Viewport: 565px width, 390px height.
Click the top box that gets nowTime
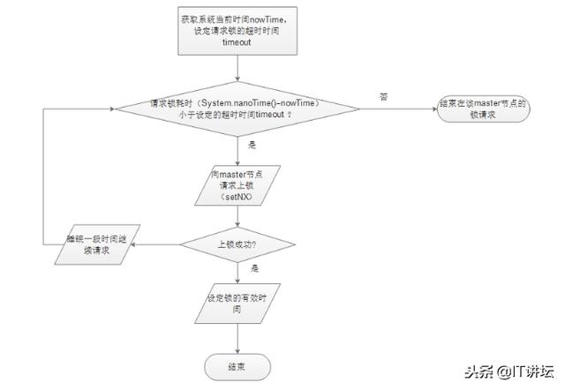pos(239,31)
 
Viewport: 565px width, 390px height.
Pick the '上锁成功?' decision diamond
pos(237,242)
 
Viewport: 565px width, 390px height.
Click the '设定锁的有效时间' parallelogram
pos(237,304)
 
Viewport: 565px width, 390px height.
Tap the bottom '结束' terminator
pos(237,364)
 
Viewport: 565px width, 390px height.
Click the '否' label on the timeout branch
pos(383,96)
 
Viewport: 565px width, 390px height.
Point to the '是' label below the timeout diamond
pos(252,144)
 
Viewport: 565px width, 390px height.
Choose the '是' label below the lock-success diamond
pos(255,267)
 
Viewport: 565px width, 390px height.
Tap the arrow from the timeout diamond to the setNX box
pos(238,150)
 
